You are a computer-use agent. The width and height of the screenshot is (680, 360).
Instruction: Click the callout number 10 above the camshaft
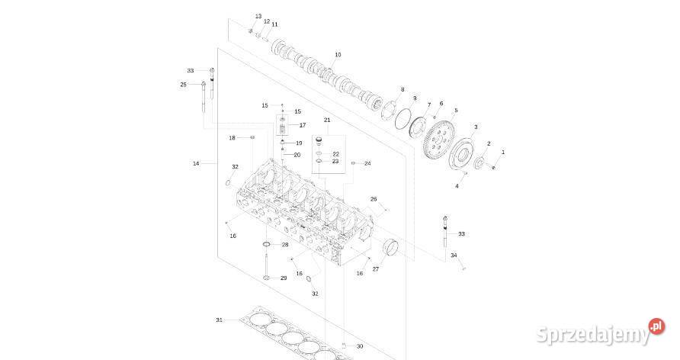[x=338, y=55]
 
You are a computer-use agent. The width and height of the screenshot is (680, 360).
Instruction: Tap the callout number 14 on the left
[x=196, y=163]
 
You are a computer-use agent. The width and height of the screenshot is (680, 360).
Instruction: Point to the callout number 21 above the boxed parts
[x=327, y=120]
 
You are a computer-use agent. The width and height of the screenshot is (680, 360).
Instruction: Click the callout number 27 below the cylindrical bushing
[x=376, y=269]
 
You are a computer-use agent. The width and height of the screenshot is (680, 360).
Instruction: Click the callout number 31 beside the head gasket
[x=219, y=320]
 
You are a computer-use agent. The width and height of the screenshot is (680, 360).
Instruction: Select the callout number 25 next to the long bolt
[x=183, y=85]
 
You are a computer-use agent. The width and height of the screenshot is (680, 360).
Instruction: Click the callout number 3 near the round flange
[x=476, y=127]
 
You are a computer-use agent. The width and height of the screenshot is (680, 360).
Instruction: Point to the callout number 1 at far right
[x=503, y=153]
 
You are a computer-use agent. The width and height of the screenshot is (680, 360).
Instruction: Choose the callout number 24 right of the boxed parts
[x=367, y=163]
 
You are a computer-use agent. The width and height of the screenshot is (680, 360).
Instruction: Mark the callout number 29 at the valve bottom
[x=283, y=278]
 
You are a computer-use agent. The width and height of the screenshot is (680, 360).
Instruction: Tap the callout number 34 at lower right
[x=454, y=255]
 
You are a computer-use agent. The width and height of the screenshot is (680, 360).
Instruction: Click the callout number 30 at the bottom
[x=360, y=346]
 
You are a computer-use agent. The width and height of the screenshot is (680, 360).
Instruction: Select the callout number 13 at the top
[x=258, y=16]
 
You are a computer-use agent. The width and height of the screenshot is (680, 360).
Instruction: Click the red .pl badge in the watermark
[x=656, y=326]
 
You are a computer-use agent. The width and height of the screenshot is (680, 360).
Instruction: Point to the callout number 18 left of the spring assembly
[x=232, y=138]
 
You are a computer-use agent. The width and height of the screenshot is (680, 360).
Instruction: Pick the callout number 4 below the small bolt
[x=457, y=186]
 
